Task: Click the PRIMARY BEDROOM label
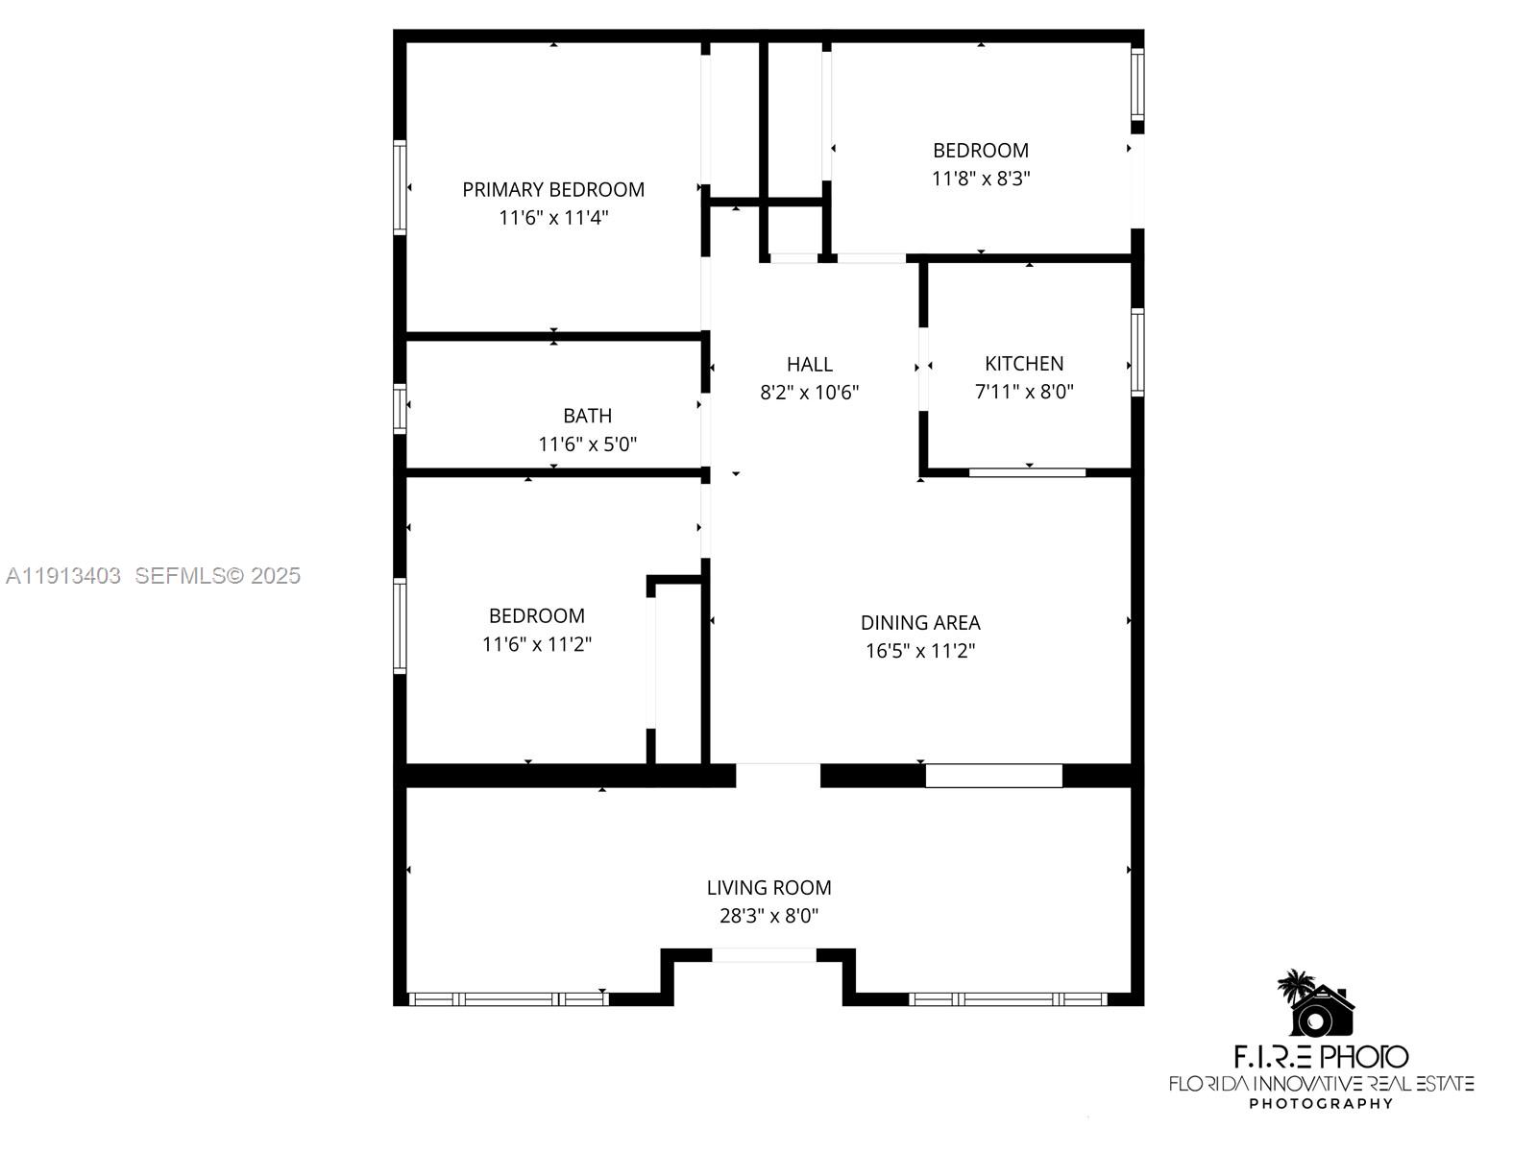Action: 553,189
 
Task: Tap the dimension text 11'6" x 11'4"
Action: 553,218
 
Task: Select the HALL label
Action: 810,365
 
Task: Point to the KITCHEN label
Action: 1024,364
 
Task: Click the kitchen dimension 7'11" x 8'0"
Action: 1024,391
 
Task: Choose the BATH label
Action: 588,417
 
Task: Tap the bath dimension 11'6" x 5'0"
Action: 588,444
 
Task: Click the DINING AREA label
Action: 920,622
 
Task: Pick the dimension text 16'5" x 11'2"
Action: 920,651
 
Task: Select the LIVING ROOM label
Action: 768,888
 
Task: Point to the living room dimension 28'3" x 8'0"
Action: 768,916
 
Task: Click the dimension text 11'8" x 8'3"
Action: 981,179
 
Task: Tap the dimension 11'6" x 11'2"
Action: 536,643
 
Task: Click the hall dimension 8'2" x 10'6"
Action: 810,393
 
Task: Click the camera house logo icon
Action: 1316,1004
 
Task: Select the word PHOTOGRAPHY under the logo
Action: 1321,1104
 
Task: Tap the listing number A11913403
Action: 63,576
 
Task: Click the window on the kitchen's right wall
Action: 1138,352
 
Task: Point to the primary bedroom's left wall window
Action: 400,187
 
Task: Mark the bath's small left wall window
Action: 400,409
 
